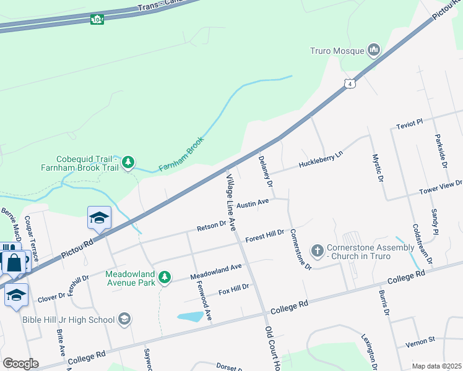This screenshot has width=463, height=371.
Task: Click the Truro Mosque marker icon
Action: click(373, 49)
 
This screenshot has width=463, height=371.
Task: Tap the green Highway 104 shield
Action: click(97, 19)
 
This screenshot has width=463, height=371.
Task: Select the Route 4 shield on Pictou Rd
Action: click(351, 83)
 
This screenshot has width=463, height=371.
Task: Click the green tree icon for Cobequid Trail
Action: click(128, 163)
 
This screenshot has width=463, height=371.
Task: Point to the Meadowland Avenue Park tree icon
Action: click(165, 277)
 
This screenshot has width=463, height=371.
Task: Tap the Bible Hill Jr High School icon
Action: click(124, 319)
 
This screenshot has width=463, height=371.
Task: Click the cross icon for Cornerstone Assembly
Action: click(318, 251)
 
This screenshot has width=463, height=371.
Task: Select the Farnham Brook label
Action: click(181, 155)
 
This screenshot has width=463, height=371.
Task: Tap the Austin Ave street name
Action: click(253, 203)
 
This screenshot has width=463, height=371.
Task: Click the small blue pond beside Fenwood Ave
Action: click(190, 317)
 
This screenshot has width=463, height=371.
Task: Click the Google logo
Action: click(20, 363)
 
